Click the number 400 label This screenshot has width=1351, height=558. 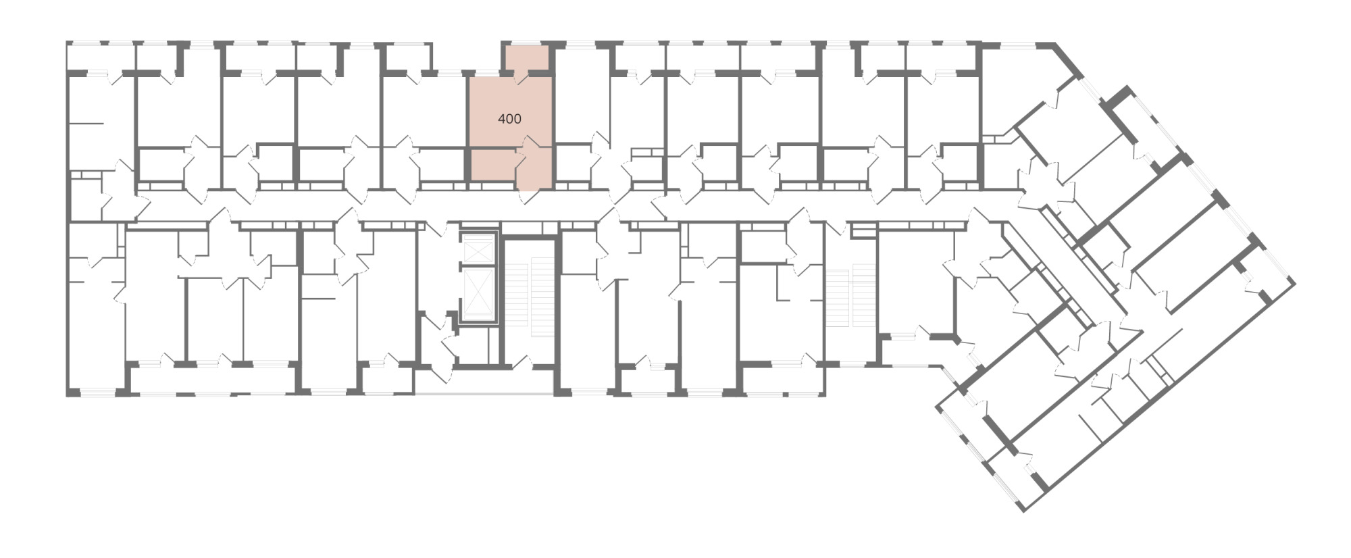(x=509, y=119)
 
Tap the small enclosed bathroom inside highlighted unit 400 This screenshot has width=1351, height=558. (x=493, y=166)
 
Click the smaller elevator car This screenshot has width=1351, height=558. (x=478, y=251)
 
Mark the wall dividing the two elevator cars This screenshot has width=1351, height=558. (x=478, y=266)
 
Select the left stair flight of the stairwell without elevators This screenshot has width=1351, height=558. (x=838, y=298)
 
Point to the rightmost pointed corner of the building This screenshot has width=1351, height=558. (x=1295, y=283)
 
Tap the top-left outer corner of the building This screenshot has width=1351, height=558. (x=67, y=43)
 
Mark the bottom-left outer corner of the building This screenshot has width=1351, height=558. (x=67, y=395)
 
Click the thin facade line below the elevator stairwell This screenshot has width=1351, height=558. (x=484, y=394)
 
